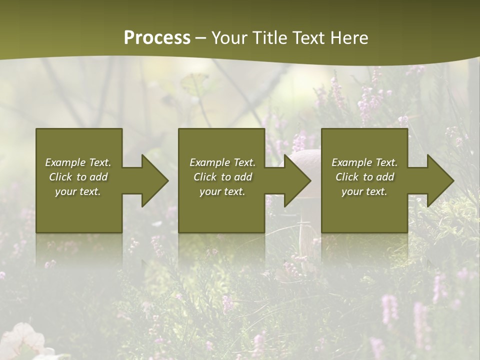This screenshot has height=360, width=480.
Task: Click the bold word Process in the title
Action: point(157,38)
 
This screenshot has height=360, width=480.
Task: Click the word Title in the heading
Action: point(270,38)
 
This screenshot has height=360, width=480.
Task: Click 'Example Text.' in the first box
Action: point(78,162)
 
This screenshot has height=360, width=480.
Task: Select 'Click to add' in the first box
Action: point(78,177)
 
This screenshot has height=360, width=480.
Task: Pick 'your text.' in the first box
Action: point(78,191)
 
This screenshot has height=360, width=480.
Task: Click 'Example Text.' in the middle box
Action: point(222,162)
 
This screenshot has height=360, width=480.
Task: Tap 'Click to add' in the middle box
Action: point(222,177)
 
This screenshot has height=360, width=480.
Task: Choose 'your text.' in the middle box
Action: point(222,191)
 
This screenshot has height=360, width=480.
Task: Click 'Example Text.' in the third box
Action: point(364,162)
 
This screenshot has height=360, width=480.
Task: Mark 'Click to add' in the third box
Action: point(364,177)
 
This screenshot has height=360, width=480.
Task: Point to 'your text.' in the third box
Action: point(364,191)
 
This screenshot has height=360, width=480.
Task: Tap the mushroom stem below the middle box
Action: point(304,240)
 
